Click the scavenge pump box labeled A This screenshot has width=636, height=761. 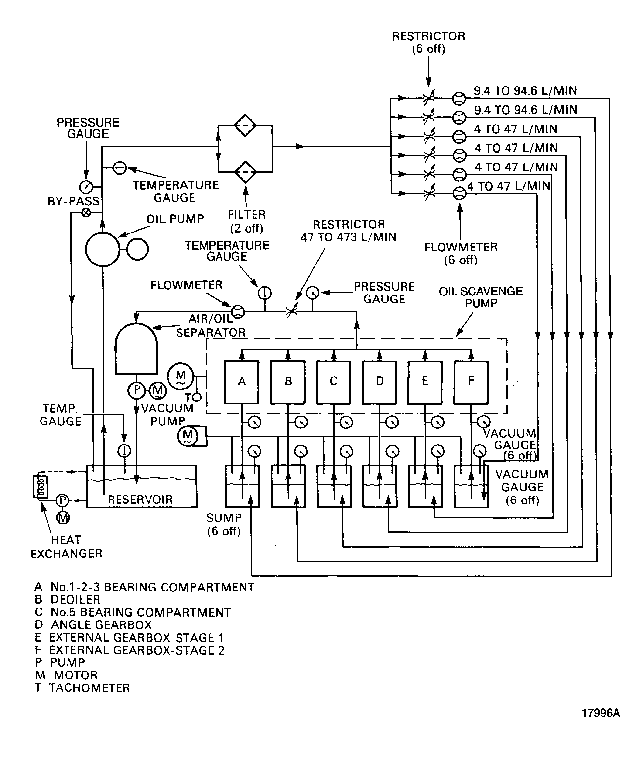pyautogui.click(x=241, y=382)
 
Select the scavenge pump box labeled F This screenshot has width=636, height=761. pyautogui.click(x=471, y=382)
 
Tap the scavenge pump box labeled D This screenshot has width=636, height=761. pyautogui.click(x=379, y=382)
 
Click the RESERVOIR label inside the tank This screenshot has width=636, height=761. pyautogui.click(x=140, y=500)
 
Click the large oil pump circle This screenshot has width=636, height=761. pyautogui.click(x=103, y=249)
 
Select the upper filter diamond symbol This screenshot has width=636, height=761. pyautogui.click(x=245, y=125)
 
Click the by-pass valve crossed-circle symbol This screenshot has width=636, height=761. pyautogui.click(x=86, y=213)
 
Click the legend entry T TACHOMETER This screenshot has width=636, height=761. pyautogui.click(x=82, y=688)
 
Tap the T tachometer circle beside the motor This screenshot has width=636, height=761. pyautogui.click(x=197, y=397)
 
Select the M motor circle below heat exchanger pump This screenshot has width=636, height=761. pyautogui.click(x=63, y=518)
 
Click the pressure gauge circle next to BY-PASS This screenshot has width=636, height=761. pyautogui.click(x=86, y=187)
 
